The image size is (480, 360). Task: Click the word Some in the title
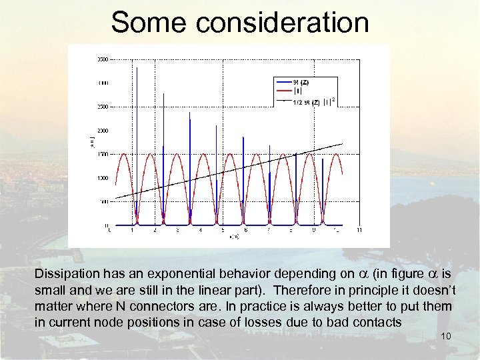[148, 22]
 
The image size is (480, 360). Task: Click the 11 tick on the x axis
[359, 231]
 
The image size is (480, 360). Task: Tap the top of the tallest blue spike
[136, 68]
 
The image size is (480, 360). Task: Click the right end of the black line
[342, 144]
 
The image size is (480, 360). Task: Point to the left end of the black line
[116, 198]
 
